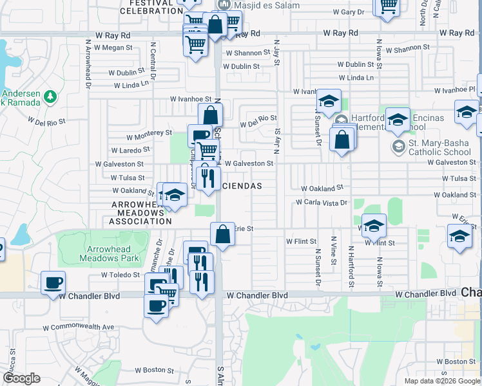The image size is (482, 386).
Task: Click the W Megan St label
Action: [x=113, y=47]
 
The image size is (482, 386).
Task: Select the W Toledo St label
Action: [x=120, y=275]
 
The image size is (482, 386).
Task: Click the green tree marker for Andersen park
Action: [x=52, y=97]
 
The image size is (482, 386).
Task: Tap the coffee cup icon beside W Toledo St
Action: [x=53, y=282]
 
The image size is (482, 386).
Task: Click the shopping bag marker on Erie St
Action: [x=222, y=235]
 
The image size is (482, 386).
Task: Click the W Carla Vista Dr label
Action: [x=322, y=202]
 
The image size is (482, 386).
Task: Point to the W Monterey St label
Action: [x=149, y=134]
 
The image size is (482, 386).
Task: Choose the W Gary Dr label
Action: [x=349, y=12]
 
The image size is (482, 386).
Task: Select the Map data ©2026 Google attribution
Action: [x=441, y=381]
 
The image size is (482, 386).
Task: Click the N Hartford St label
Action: [x=351, y=266]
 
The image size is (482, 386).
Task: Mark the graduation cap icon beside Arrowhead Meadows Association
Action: [x=174, y=196]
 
